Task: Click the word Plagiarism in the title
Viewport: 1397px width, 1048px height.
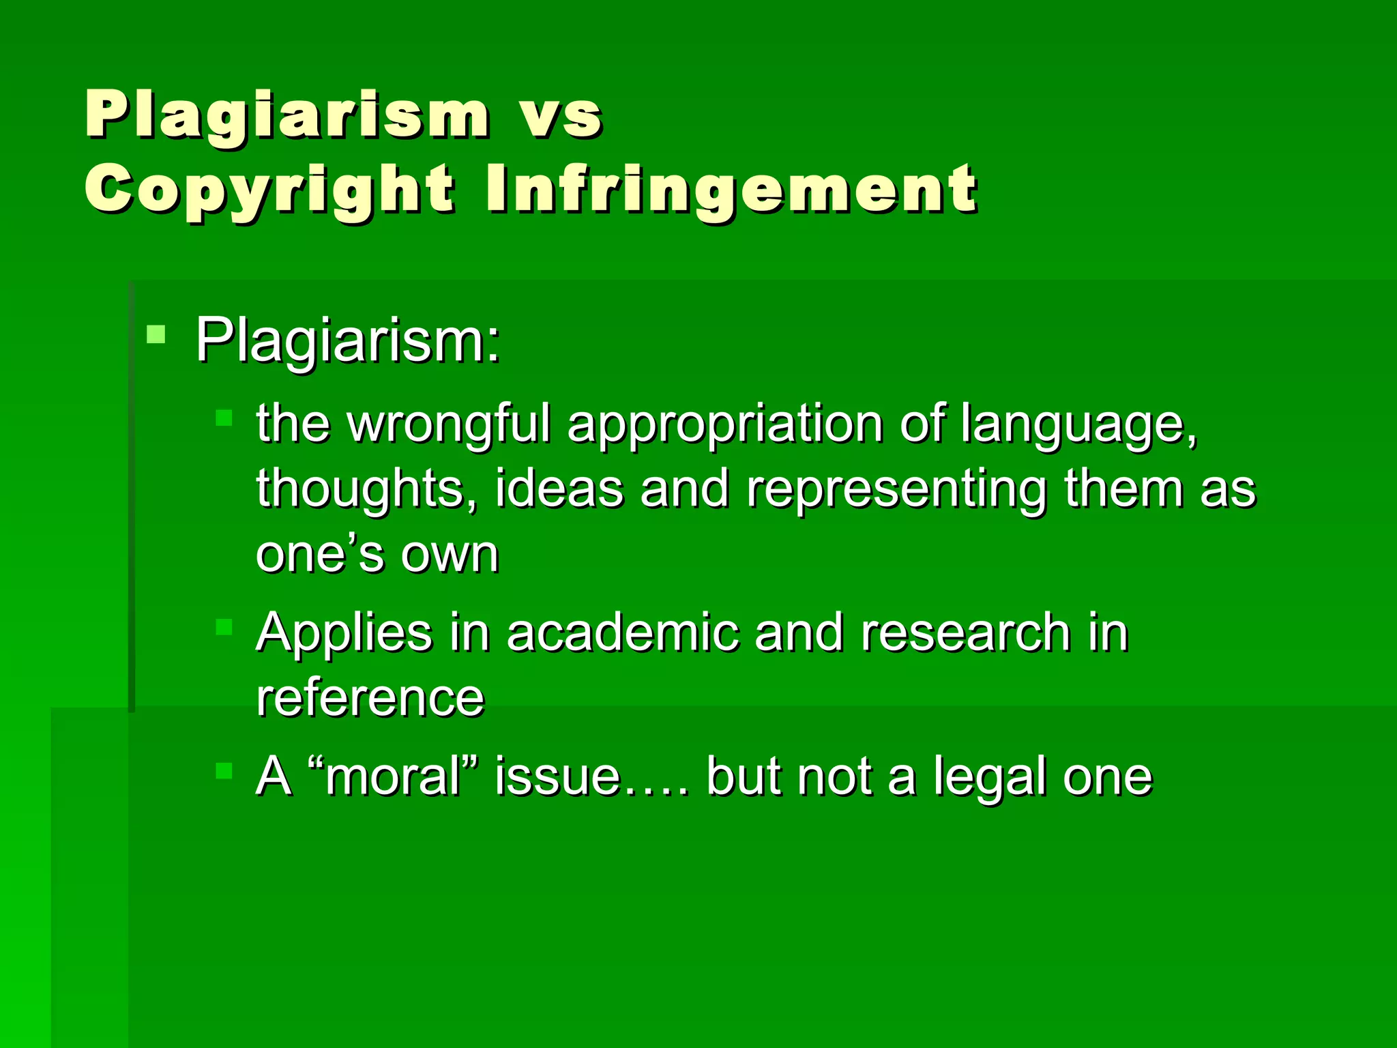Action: [286, 116]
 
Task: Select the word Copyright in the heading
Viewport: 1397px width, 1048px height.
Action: [269, 190]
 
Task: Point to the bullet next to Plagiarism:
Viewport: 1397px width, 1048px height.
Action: [156, 334]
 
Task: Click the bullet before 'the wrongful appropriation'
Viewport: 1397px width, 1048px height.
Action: [224, 418]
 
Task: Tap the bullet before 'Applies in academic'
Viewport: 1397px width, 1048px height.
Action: [224, 626]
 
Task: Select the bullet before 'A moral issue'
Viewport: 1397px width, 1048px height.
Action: [224, 771]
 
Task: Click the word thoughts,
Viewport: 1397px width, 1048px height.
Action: [367, 490]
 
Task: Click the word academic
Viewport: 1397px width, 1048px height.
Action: [622, 633]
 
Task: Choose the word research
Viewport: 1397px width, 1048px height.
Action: [965, 633]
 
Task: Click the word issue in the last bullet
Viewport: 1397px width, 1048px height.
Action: [558, 776]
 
